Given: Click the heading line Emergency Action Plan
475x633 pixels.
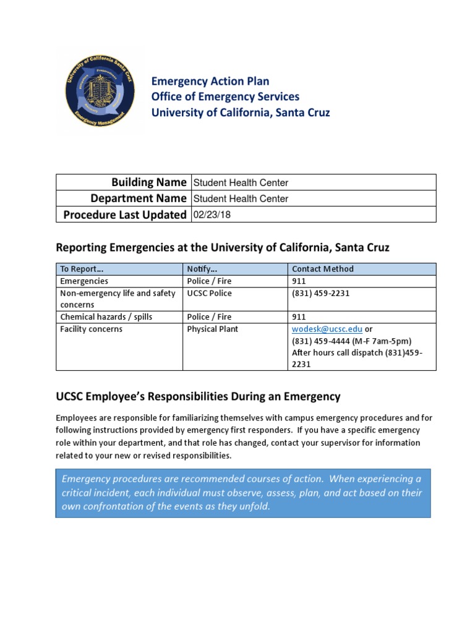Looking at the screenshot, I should tap(210, 81).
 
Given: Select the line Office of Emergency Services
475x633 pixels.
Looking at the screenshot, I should tap(225, 96).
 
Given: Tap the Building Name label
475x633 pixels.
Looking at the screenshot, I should tap(148, 182).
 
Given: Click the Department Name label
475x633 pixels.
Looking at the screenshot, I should tap(138, 198).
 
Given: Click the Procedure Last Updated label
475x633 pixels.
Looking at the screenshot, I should tap(125, 215).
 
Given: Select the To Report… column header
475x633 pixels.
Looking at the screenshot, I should tap(82, 269).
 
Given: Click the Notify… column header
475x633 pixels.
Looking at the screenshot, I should tap(201, 269).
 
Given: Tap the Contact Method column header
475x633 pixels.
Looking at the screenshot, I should tap(323, 269).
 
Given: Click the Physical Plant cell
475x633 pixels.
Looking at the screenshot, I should tap(212, 329).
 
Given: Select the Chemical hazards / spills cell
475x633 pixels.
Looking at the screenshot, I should tap(106, 316).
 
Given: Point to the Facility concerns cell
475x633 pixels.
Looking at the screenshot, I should tap(91, 329).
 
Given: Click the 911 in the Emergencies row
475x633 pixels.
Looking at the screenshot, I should tap(299, 281).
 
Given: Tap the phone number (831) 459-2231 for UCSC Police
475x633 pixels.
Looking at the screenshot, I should tap(320, 293).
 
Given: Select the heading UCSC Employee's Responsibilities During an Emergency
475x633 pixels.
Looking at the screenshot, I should tap(198, 396).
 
